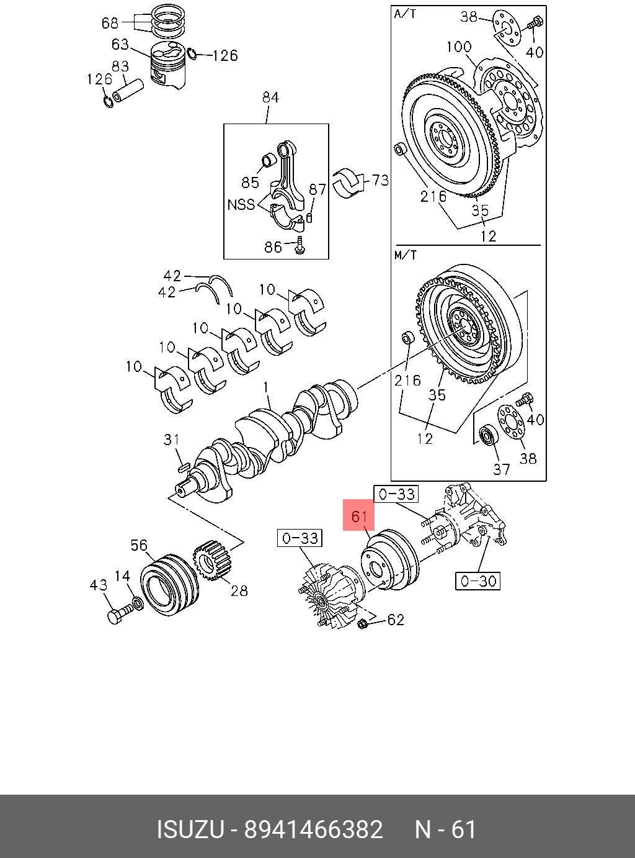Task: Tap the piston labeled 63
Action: (x=168, y=66)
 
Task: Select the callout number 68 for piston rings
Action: (x=110, y=23)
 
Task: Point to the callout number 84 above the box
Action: (x=270, y=97)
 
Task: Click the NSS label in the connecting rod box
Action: (x=241, y=204)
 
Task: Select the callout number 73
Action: (x=380, y=180)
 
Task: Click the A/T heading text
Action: (x=405, y=14)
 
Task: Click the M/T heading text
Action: (x=406, y=255)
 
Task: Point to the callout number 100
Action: (x=459, y=47)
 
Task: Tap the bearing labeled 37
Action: (x=489, y=435)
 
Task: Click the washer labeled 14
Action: (x=138, y=603)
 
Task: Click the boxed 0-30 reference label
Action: (x=477, y=581)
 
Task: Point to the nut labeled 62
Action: (x=364, y=623)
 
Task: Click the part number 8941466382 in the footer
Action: (x=314, y=829)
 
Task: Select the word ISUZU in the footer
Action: (x=189, y=829)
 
